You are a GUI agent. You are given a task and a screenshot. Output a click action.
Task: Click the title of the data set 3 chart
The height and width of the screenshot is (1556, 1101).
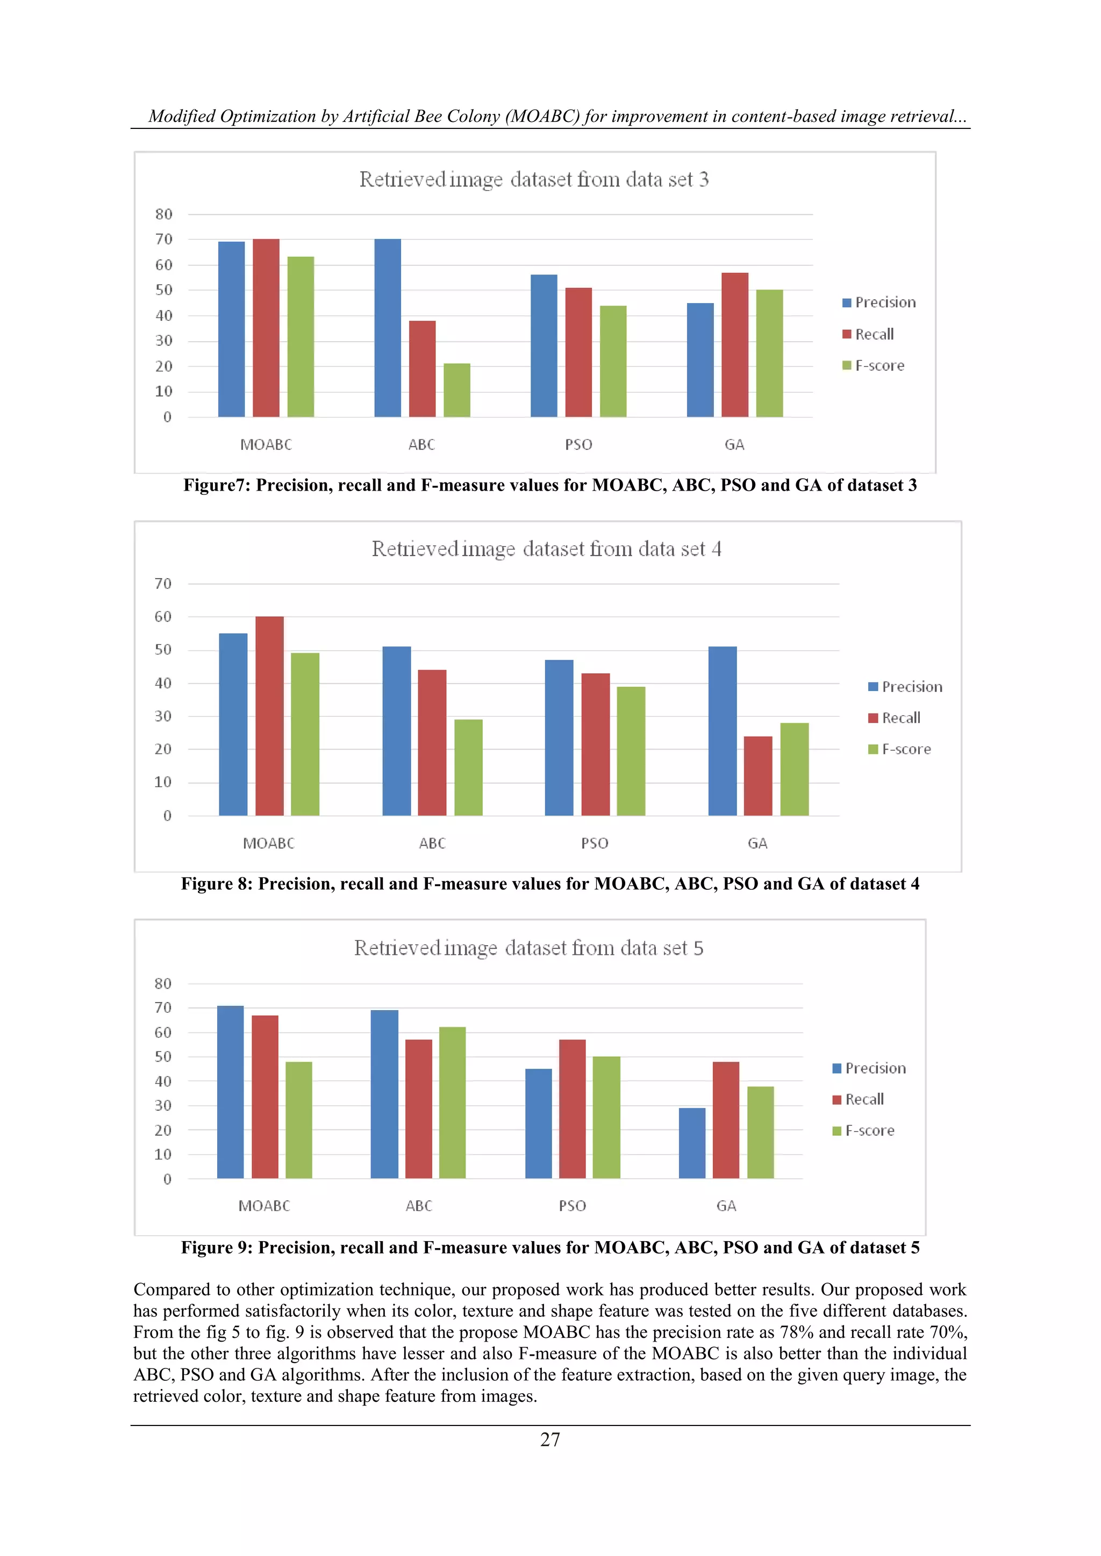533,179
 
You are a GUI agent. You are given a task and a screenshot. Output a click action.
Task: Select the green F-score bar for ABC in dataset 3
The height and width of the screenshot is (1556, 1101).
456,391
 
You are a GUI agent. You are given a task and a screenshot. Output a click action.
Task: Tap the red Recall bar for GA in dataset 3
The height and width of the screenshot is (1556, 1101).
734,345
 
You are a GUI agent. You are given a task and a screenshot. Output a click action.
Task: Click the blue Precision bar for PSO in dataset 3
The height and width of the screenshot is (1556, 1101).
544,345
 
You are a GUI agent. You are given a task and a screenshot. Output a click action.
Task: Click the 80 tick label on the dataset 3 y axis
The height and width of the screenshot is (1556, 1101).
163,214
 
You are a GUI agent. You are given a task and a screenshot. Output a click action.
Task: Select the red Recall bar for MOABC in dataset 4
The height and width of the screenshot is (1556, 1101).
269,716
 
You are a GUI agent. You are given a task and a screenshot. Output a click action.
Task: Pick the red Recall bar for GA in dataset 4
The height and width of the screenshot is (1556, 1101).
757,776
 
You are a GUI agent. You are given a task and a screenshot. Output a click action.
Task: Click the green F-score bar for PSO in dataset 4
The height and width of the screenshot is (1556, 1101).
631,751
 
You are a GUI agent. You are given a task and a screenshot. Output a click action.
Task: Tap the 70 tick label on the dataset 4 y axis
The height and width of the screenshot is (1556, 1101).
163,583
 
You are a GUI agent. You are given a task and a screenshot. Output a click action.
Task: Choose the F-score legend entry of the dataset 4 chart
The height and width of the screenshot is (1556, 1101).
906,749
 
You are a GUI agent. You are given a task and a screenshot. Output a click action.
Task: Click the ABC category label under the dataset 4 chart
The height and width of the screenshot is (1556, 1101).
432,843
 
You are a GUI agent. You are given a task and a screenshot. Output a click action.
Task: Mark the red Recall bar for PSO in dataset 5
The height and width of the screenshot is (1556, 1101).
572,1109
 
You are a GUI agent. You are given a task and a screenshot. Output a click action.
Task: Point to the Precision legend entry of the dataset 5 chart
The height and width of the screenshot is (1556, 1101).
875,1068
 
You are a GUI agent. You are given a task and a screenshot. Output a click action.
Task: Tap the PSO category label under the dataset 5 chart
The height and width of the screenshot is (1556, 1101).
572,1206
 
